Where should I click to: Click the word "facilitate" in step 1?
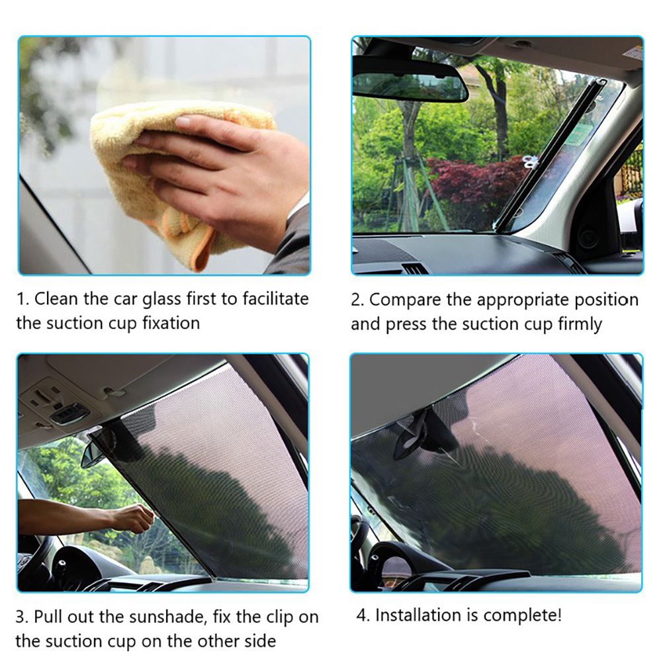coord(275,299)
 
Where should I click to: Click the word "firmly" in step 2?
coord(580,325)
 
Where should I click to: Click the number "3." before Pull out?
coord(22,617)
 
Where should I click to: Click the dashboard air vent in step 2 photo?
coord(414,268)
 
